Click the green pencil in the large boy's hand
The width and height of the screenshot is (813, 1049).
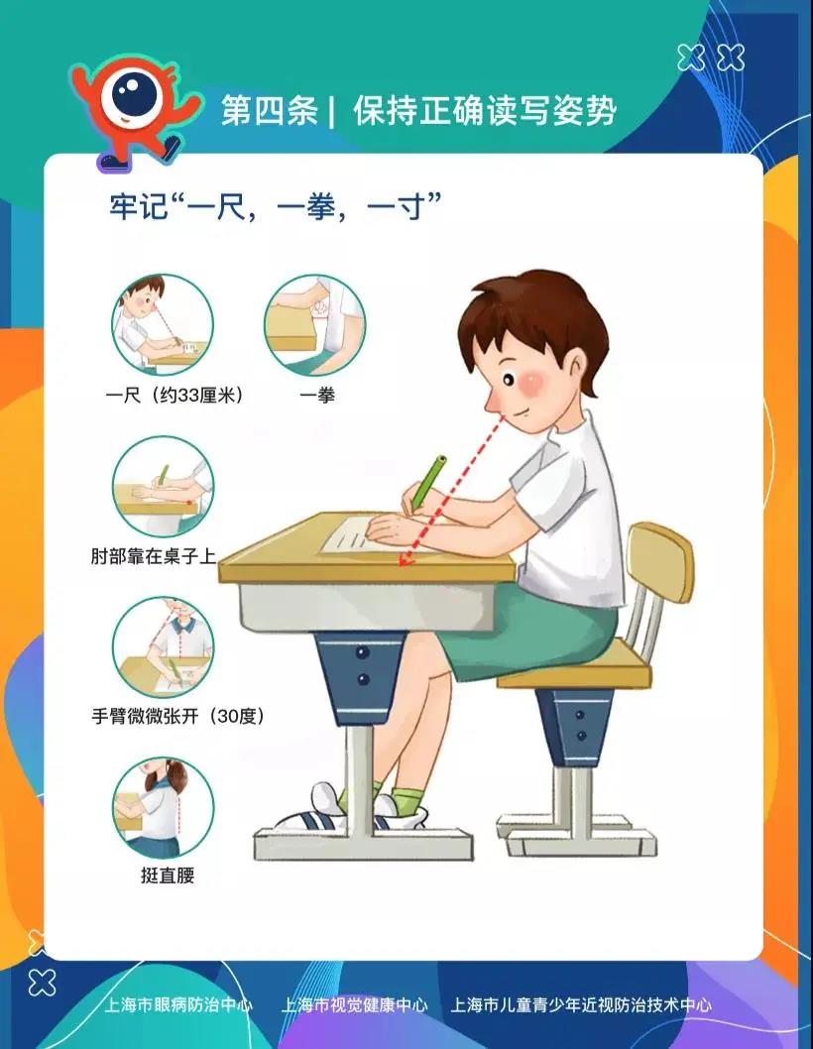pyautogui.click(x=429, y=482)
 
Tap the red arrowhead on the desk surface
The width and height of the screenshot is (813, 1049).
pyautogui.click(x=405, y=560)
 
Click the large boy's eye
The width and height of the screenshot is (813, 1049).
pyautogui.click(x=508, y=380)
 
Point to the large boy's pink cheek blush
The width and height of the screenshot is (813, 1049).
pyautogui.click(x=533, y=383)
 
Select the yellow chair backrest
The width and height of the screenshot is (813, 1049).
pyautogui.click(x=659, y=563)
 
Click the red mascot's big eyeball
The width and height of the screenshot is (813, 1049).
pyautogui.click(x=134, y=95)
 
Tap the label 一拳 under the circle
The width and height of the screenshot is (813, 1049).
pyautogui.click(x=316, y=396)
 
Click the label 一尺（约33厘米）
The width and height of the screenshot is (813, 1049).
pyautogui.click(x=174, y=396)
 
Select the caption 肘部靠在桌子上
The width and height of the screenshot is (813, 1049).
pyautogui.click(x=154, y=556)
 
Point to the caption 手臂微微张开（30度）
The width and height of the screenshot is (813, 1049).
pyautogui.click(x=178, y=717)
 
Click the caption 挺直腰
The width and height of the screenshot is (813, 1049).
pyautogui.click(x=168, y=875)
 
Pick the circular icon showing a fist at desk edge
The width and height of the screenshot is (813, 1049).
pyautogui.click(x=315, y=325)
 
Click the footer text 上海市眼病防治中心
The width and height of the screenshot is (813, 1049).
pyautogui.click(x=178, y=1004)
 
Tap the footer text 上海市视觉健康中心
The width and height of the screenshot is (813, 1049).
pyautogui.click(x=354, y=1004)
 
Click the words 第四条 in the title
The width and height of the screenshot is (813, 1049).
pyautogui.click(x=269, y=110)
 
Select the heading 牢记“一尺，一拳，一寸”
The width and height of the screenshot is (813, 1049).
pyautogui.click(x=276, y=206)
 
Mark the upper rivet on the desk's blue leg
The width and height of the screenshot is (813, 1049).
pyautogui.click(x=363, y=651)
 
